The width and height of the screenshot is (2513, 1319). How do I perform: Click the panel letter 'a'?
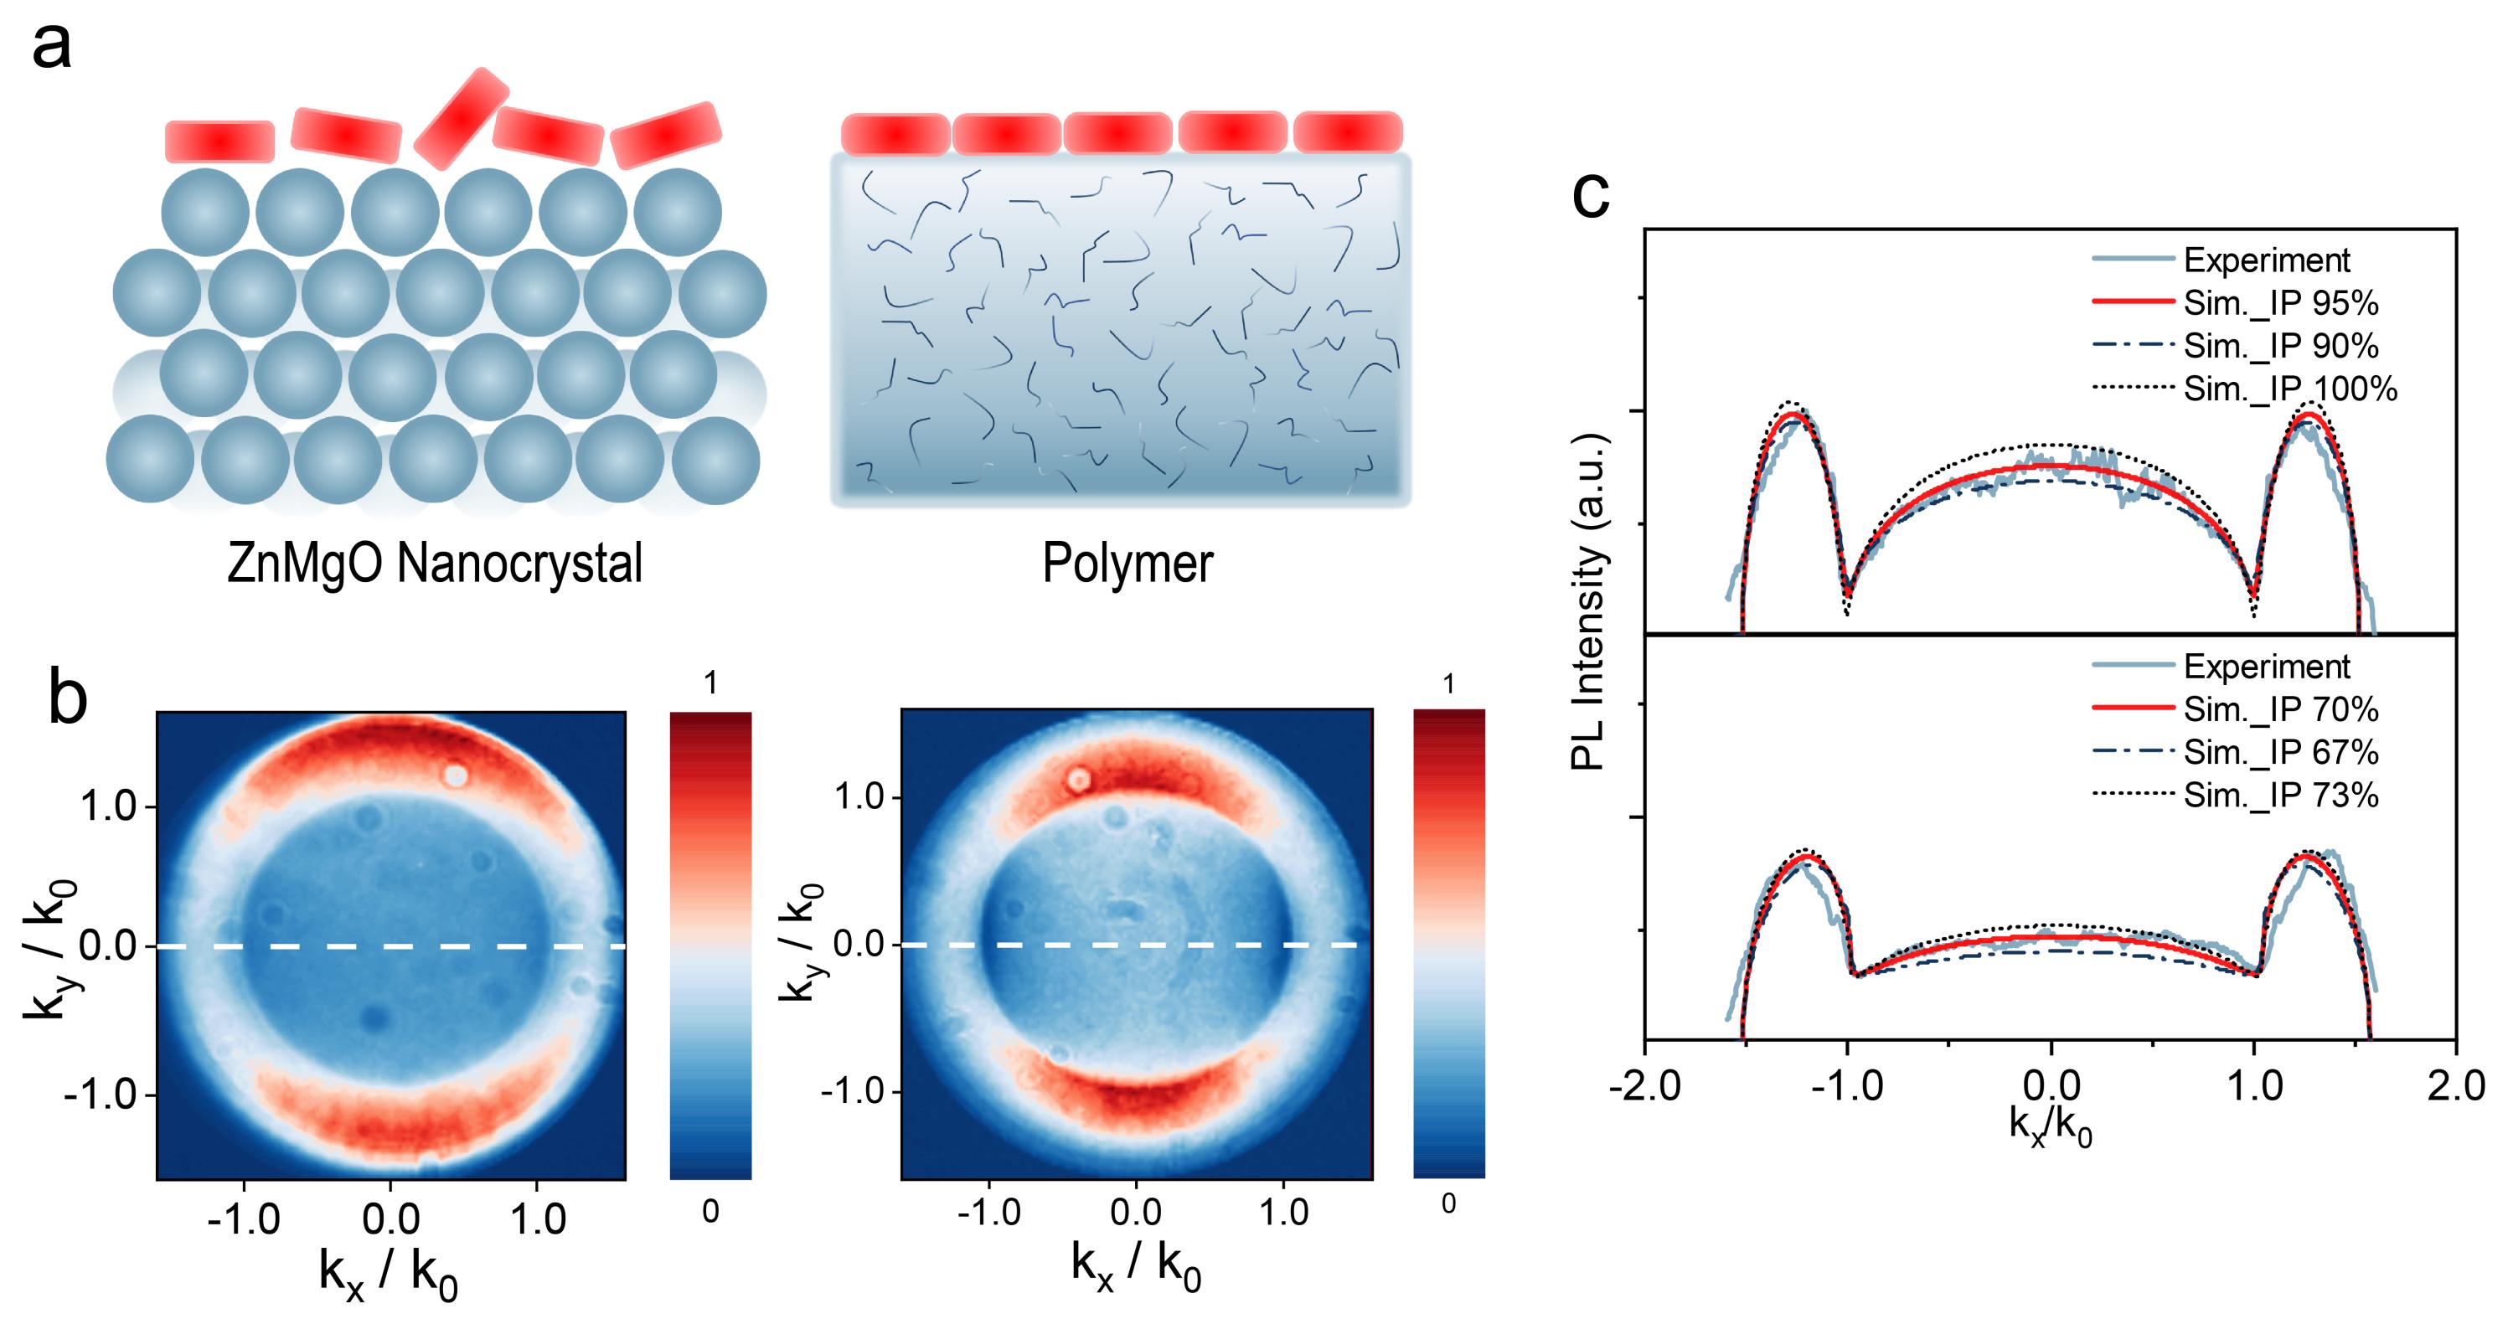tap(52, 45)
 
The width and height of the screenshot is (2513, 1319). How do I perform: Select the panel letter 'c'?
tap(1590, 195)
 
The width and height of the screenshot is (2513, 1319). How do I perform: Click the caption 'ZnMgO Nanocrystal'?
tap(434, 563)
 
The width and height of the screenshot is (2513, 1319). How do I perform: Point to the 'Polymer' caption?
tap(1127, 563)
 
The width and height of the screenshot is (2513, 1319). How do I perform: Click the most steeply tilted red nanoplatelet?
tap(462, 118)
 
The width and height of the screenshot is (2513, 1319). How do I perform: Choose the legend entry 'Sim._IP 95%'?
tap(2280, 303)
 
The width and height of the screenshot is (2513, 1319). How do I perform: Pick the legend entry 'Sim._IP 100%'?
tap(2289, 389)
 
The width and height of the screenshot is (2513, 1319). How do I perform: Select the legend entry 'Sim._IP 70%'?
tap(2280, 709)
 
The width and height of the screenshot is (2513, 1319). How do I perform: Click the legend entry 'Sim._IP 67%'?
tap(2280, 752)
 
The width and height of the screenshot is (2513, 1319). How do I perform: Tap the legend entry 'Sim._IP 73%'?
tap(2280, 795)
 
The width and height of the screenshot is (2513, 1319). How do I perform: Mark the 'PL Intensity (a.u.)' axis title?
tap(1588, 602)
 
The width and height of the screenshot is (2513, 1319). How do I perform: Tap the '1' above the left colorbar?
tap(710, 683)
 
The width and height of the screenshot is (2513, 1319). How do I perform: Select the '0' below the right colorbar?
tap(1448, 1204)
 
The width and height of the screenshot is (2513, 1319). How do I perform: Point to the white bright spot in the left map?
tap(455, 775)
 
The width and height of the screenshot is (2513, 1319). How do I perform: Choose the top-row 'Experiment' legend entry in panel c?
tap(2266, 260)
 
